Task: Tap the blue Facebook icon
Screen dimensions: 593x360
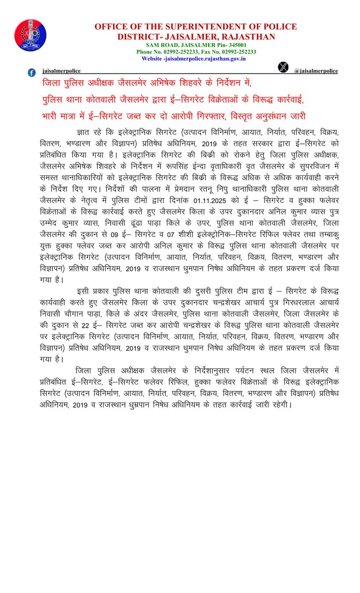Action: point(32,72)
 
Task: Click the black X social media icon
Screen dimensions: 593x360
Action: point(283,68)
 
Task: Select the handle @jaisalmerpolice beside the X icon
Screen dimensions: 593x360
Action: point(316,71)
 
